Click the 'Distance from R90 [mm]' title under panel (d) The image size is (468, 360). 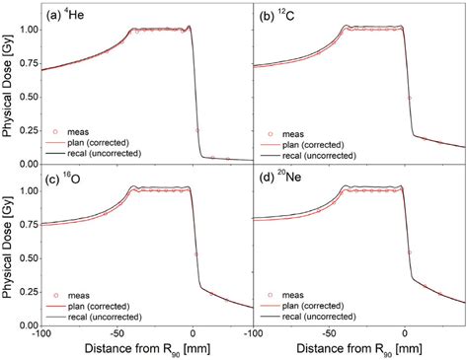359,350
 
